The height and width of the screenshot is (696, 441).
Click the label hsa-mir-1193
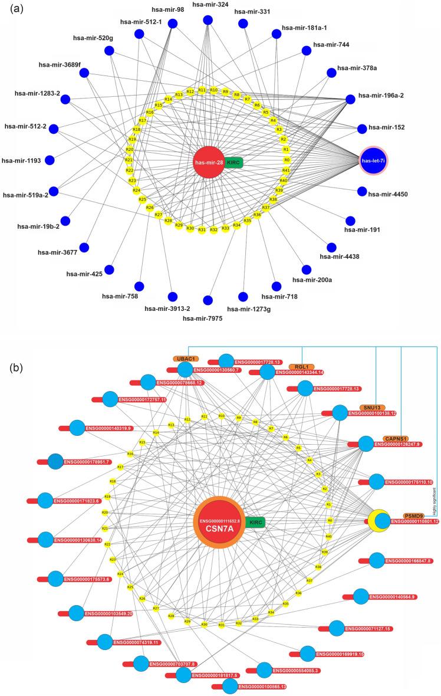coord(24,160)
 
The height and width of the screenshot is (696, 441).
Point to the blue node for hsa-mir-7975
coord(207,300)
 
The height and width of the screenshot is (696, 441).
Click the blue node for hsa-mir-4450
coord(361,192)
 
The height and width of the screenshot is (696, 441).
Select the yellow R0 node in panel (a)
coord(287,160)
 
